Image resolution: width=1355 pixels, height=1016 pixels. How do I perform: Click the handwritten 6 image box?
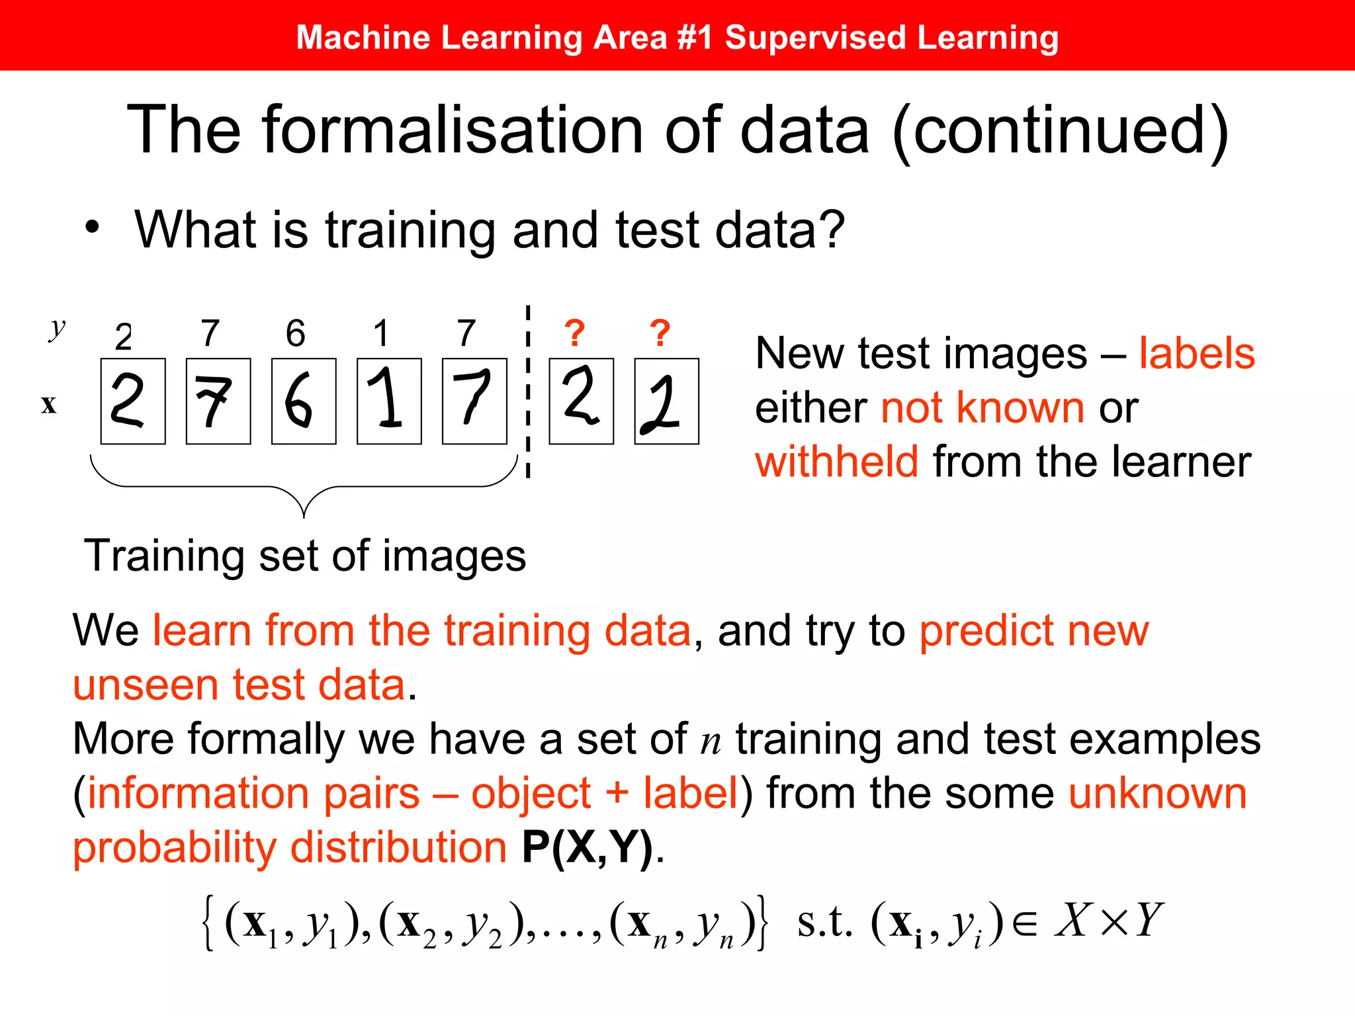[304, 402]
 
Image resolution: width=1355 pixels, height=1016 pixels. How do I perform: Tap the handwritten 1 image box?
[389, 402]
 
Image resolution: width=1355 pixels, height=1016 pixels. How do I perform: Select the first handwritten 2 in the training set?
[133, 402]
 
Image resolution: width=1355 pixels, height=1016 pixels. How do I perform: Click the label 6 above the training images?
[296, 333]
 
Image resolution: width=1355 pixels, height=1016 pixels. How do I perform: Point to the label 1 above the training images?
[381, 333]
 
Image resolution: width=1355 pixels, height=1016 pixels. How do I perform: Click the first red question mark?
[575, 333]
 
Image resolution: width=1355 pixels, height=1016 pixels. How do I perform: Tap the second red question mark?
[660, 333]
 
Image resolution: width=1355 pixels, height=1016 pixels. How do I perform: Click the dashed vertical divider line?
[528, 397]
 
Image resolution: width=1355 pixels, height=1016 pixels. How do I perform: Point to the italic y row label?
[58, 327]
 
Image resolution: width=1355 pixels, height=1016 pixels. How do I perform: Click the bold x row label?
[48, 404]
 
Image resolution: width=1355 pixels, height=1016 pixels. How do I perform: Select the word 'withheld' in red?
[837, 461]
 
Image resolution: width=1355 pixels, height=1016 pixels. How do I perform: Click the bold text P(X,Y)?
[587, 847]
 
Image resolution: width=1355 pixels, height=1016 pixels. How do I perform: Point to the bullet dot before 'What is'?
[92, 227]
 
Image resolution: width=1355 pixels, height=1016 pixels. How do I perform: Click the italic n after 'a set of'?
[711, 741]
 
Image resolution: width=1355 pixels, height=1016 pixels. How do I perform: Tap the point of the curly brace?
[304, 516]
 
